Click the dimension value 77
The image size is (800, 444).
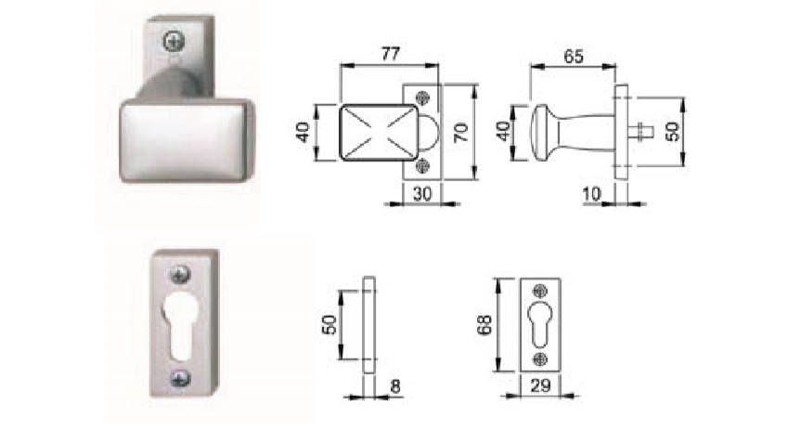click(391, 54)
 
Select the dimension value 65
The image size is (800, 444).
click(573, 57)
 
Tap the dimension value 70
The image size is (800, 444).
click(461, 132)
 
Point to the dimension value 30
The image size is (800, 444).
click(422, 193)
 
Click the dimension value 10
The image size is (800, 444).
click(592, 194)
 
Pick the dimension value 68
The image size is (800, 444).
click(484, 325)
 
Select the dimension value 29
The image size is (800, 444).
click(541, 385)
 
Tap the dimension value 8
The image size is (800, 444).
click(395, 386)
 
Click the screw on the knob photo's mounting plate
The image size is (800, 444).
click(174, 42)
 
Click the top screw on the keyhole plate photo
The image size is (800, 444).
click(180, 274)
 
